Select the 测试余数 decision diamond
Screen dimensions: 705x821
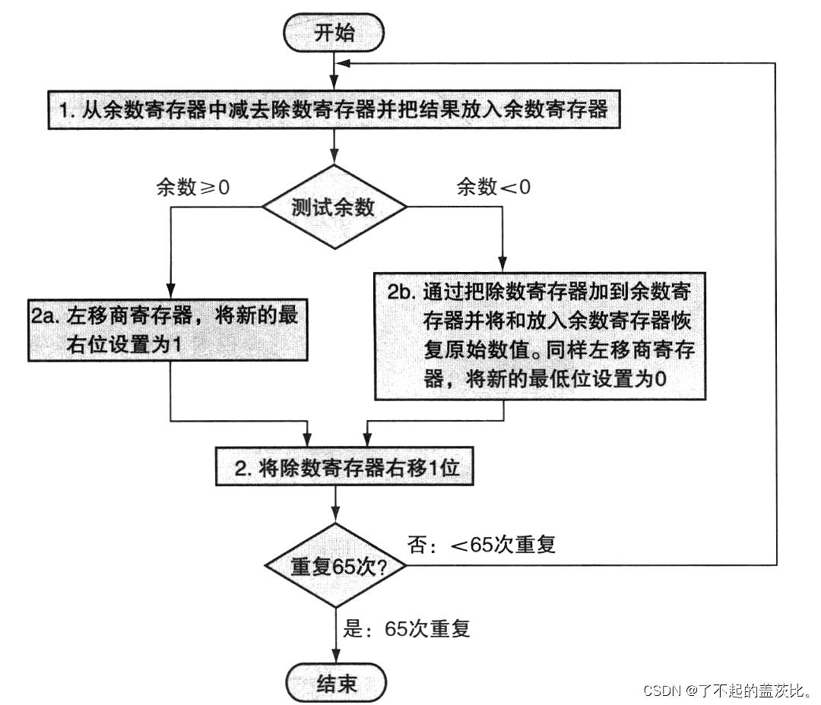(334, 206)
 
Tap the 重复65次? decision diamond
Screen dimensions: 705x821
(335, 565)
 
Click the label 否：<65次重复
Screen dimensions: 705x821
(482, 545)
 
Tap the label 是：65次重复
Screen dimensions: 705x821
(407, 628)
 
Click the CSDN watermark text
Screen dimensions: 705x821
(726, 690)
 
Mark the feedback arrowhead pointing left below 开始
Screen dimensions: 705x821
(344, 64)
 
